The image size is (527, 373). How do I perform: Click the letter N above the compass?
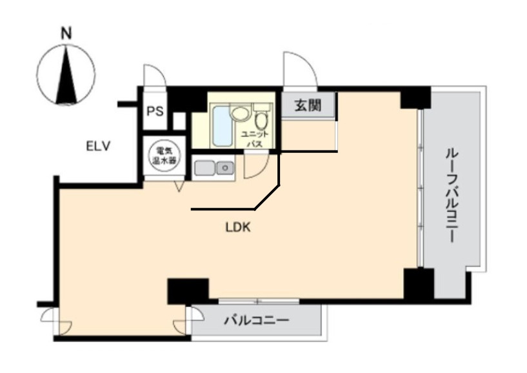[x=66, y=34]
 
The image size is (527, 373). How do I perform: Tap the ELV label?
[x=98, y=146]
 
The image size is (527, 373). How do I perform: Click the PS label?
[x=155, y=111]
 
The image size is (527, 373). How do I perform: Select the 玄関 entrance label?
[x=308, y=105]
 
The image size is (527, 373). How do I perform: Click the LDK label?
[x=238, y=228]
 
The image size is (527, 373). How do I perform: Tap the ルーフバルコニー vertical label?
[x=452, y=195]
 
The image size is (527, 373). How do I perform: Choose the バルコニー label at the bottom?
[x=257, y=320]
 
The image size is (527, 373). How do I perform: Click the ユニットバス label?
[x=255, y=139]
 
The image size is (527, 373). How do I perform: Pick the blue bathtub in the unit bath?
[x=222, y=125]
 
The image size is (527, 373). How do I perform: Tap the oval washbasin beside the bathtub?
[x=239, y=113]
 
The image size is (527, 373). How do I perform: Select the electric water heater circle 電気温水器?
[x=164, y=156]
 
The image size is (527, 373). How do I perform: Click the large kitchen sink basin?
[x=205, y=167]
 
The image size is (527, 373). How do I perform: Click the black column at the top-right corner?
[x=415, y=97]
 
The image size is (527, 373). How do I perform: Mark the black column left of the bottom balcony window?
[x=188, y=291]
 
